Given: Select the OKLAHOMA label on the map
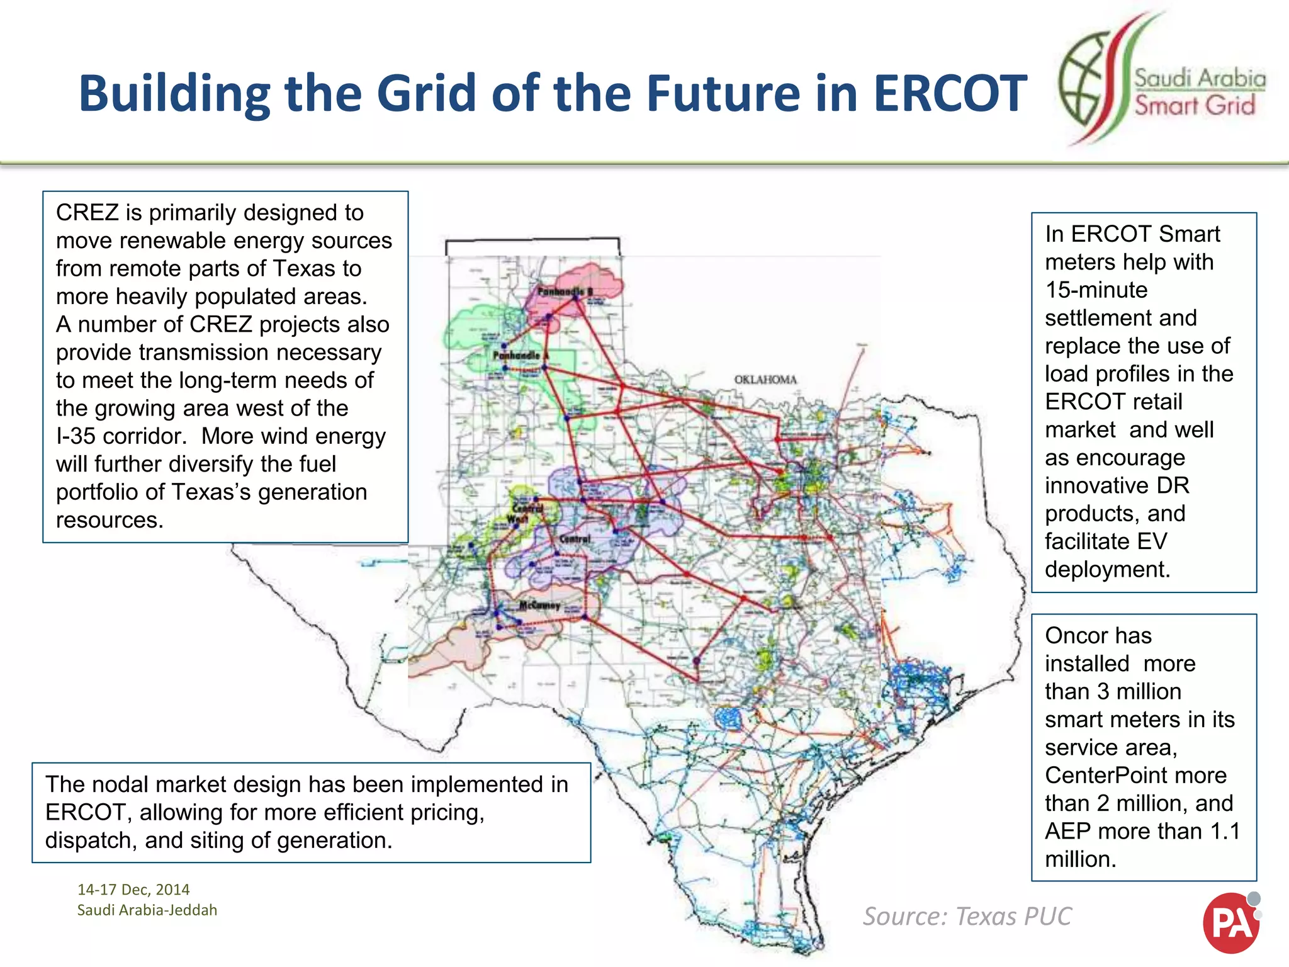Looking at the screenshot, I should pos(765,380).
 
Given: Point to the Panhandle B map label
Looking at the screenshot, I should pos(565,292).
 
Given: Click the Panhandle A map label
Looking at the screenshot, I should pos(521,356).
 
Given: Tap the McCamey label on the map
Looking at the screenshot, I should pos(539,605).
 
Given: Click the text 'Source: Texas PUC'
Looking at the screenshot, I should pos(967,916).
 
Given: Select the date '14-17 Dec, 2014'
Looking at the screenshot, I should pos(133,890).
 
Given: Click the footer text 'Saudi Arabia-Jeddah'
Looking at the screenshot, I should pos(147,910).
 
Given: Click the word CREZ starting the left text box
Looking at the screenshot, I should pos(87,213).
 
